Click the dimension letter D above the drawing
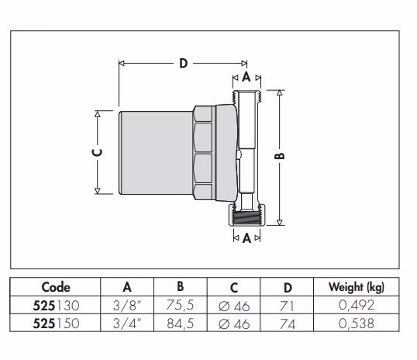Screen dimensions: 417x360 tap(183, 64)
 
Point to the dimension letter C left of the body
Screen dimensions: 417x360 tap(97, 153)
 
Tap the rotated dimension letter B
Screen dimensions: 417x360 tap(280, 156)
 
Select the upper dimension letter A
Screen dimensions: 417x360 tap(246, 77)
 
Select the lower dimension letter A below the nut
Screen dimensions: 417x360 tap(246, 238)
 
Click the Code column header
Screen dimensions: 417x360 tap(56, 287)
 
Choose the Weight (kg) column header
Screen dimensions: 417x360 tap(357, 287)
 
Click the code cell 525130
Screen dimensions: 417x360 tap(56, 306)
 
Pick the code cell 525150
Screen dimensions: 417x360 tap(56, 324)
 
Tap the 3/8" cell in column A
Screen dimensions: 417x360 tap(127, 306)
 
